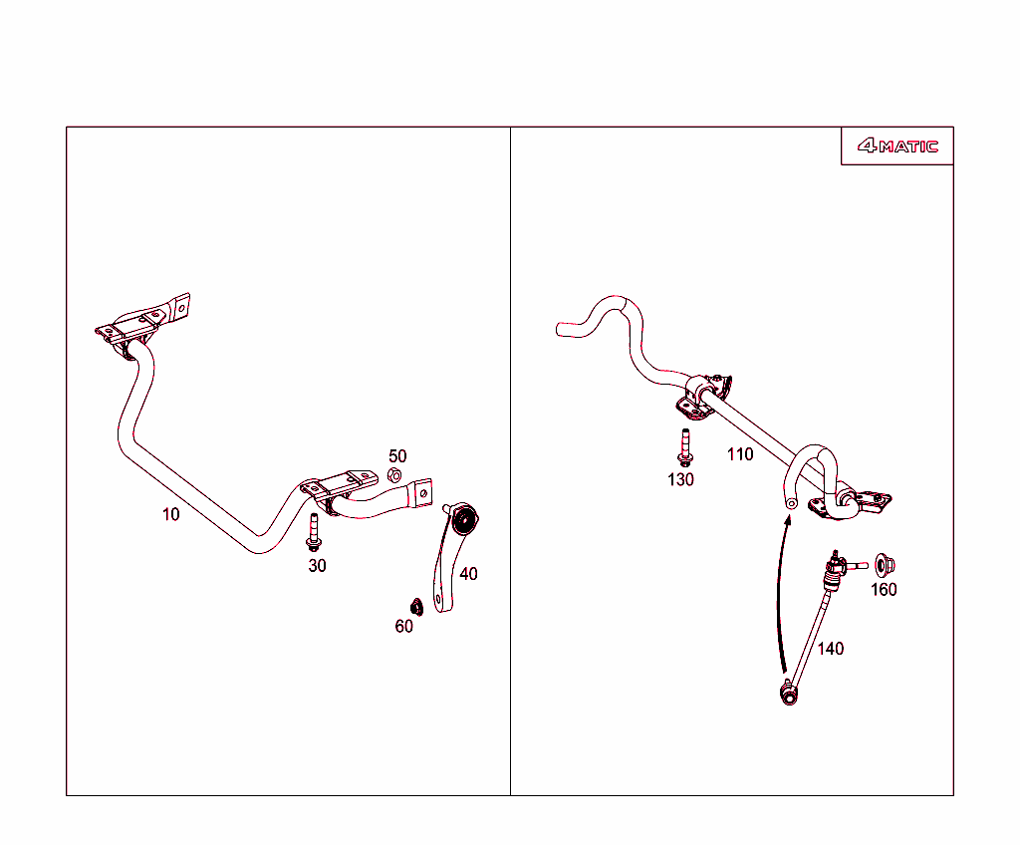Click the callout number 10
click(x=170, y=514)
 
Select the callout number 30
click(x=317, y=566)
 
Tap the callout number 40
click(x=468, y=574)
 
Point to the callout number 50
click(x=397, y=455)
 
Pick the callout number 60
click(x=404, y=626)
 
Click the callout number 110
click(x=740, y=453)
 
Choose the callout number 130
click(x=680, y=479)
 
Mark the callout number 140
click(x=830, y=649)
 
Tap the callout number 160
click(x=884, y=589)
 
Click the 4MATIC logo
click(x=897, y=145)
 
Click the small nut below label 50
click(x=394, y=475)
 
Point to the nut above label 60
click(x=416, y=607)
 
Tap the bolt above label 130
click(x=685, y=447)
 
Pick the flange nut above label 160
click(x=884, y=564)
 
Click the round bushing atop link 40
click(x=464, y=519)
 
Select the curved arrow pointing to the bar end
click(x=779, y=593)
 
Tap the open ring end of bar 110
click(x=791, y=502)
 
